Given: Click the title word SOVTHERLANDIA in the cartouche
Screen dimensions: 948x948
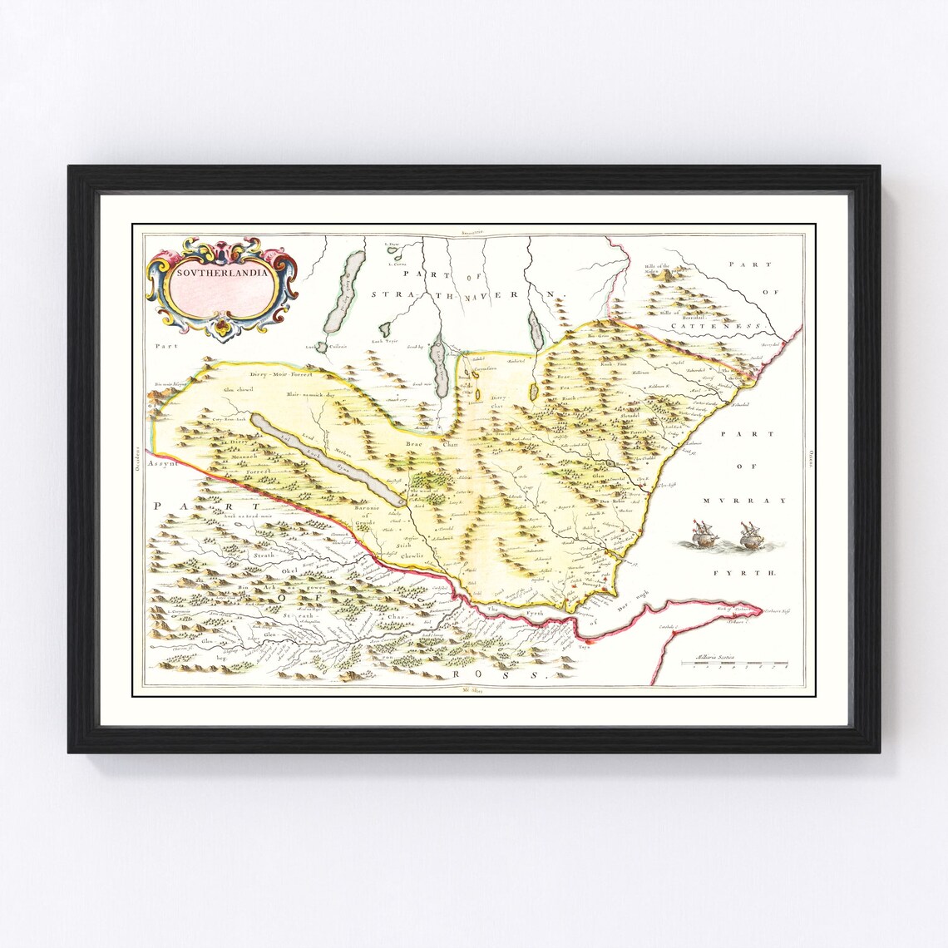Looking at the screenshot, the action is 220,271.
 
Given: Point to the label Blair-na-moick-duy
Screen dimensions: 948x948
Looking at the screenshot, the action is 309,395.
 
